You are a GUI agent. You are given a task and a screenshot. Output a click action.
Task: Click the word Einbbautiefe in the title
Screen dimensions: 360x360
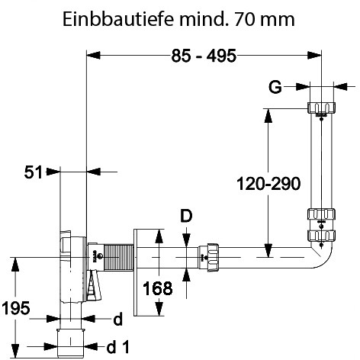click(x=118, y=19)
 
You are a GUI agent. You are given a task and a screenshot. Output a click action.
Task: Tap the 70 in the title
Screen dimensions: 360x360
click(x=245, y=19)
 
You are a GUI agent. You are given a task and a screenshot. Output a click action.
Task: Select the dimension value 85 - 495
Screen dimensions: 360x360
click(x=204, y=56)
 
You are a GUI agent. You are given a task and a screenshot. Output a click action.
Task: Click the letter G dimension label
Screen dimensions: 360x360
click(x=275, y=87)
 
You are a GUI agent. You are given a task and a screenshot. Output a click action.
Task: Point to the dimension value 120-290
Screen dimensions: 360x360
click(x=268, y=184)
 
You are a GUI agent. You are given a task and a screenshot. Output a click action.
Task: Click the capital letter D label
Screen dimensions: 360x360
click(x=186, y=216)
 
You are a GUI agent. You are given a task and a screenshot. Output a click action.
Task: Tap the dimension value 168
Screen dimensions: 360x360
click(x=158, y=288)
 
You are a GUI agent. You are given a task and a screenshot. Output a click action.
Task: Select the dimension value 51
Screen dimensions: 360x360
click(x=33, y=172)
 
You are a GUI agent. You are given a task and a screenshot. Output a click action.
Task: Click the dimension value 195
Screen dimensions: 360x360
click(x=16, y=308)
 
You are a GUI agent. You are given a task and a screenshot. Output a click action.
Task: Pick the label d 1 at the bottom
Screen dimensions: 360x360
click(x=118, y=347)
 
